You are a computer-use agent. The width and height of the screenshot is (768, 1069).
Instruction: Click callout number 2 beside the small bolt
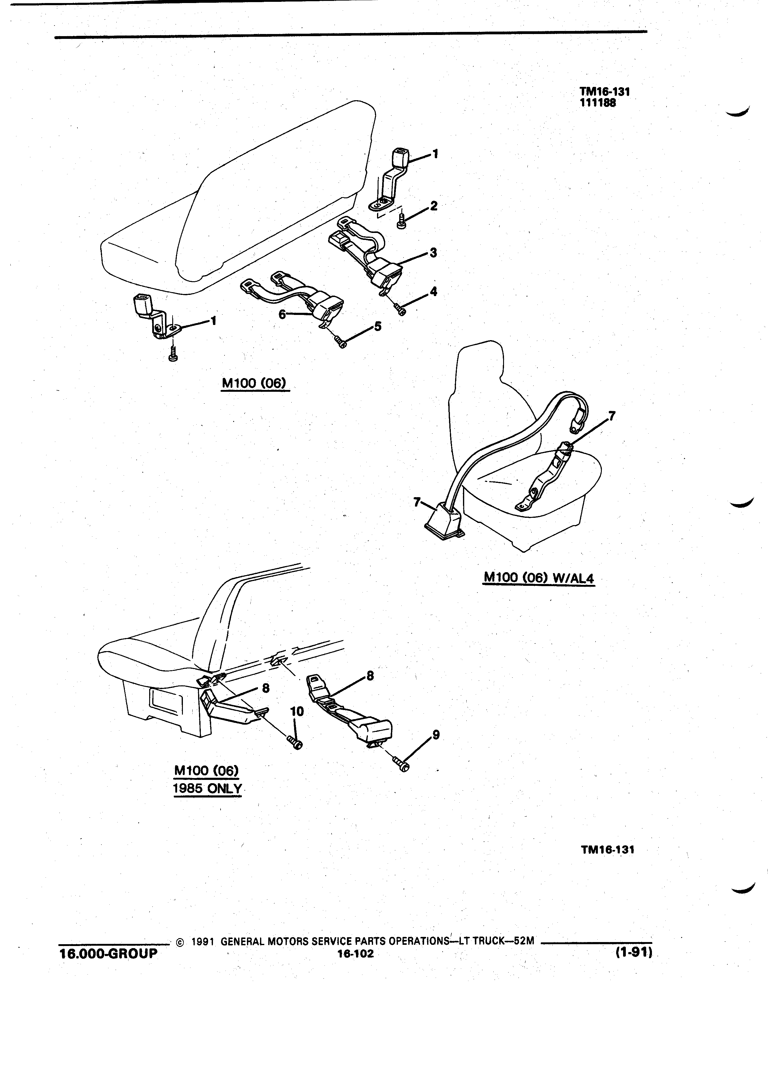click(433, 206)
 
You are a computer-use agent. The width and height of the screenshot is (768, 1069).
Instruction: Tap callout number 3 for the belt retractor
click(433, 253)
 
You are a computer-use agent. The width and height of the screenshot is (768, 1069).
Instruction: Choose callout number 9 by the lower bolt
click(436, 734)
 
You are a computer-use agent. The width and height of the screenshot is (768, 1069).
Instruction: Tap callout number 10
click(297, 711)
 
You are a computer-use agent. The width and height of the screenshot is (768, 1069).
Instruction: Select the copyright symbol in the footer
click(179, 943)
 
